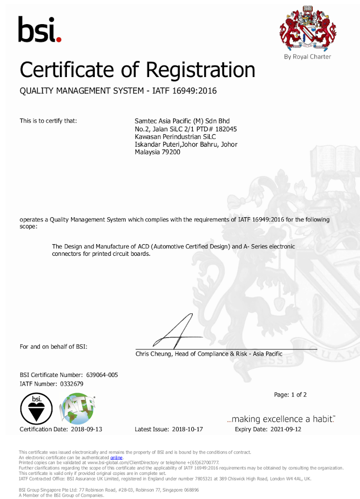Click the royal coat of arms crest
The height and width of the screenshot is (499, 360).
(x=307, y=28)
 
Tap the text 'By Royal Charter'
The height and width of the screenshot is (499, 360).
(x=308, y=57)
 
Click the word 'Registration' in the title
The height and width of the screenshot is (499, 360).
(x=201, y=70)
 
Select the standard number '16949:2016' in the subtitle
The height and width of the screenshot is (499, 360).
(x=197, y=91)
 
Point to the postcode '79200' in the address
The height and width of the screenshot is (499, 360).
(x=171, y=152)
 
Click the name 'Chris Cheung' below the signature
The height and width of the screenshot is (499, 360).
(x=153, y=354)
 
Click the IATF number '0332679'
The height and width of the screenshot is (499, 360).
(x=72, y=384)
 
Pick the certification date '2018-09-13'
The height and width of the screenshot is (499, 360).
(x=86, y=429)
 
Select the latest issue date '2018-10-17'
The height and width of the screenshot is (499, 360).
(x=187, y=429)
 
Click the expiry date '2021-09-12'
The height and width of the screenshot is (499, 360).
(x=285, y=429)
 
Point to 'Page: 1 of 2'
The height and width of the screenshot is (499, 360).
(x=290, y=395)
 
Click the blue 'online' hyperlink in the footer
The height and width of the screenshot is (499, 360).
(x=116, y=457)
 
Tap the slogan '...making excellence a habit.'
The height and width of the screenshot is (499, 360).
(x=281, y=419)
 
